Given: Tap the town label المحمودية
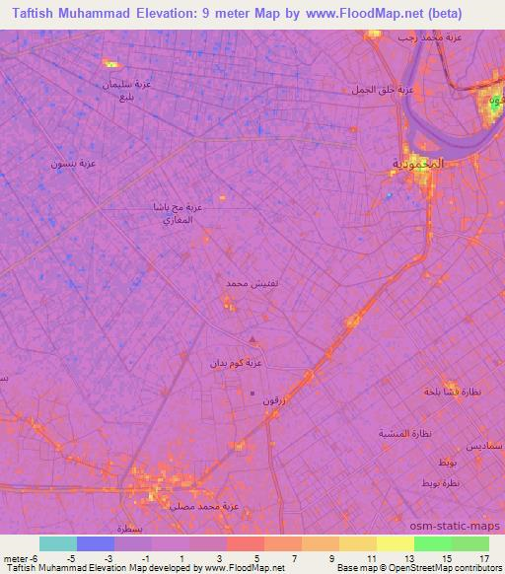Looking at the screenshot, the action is coord(419,163).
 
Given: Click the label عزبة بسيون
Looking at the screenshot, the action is coord(73,163).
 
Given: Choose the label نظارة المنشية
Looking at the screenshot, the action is coord(406,433).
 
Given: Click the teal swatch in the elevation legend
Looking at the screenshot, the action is coord(58,543).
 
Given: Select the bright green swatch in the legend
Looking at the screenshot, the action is coord(433,543).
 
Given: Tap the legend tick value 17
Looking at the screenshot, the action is coord(483,558).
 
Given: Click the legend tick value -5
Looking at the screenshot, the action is coord(70,558).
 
